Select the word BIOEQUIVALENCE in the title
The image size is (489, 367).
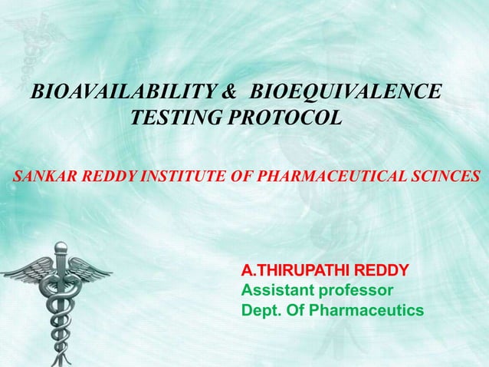(346, 94)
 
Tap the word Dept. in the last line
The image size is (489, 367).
(261, 310)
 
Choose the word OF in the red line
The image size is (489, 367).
(241, 176)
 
